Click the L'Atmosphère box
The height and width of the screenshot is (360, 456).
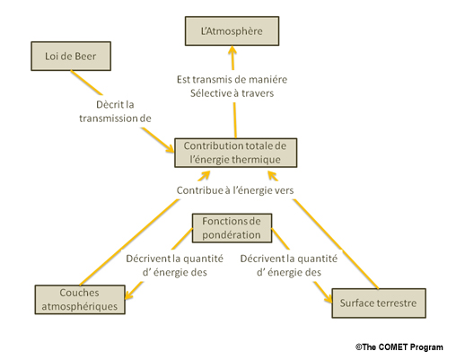pyautogui.click(x=232, y=31)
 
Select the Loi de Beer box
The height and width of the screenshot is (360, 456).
pyautogui.click(x=71, y=57)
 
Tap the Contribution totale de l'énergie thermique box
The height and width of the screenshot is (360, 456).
pyautogui.click(x=236, y=153)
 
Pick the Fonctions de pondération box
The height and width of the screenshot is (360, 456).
pyautogui.click(x=232, y=228)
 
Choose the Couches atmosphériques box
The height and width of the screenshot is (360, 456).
pyautogui.click(x=80, y=300)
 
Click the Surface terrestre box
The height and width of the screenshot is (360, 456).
pyautogui.click(x=379, y=303)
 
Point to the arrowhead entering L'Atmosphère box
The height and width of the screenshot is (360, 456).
pyautogui.click(x=232, y=50)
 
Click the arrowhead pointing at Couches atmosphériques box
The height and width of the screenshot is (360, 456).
pyautogui.click(x=128, y=294)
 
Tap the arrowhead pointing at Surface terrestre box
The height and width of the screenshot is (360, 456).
pyautogui.click(x=328, y=297)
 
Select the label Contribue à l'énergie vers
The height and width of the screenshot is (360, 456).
pyautogui.click(x=235, y=190)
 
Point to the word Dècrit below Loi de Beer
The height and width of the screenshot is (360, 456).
pyautogui.click(x=106, y=104)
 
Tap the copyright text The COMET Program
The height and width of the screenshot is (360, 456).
pyautogui.click(x=399, y=347)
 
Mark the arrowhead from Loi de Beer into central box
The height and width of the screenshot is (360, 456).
pyautogui.click(x=170, y=147)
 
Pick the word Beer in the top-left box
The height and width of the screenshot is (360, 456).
pyautogui.click(x=85, y=57)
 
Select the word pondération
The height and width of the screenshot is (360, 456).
pyautogui.click(x=232, y=235)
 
